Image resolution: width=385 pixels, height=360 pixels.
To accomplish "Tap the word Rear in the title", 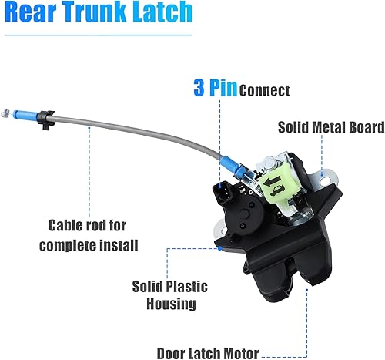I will [28, 14].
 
